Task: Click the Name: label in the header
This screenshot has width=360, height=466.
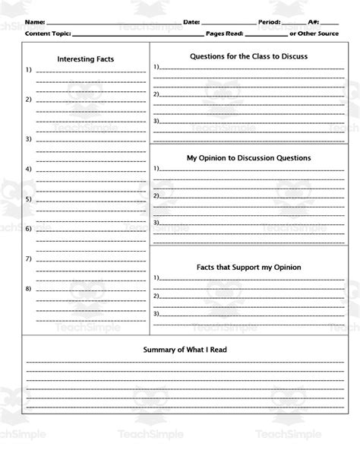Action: coord(35,23)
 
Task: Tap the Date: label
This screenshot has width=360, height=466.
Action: coord(191,23)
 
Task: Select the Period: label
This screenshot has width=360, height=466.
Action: coord(270,23)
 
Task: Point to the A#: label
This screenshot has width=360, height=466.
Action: coord(314,23)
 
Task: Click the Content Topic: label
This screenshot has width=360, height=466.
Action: coord(49,34)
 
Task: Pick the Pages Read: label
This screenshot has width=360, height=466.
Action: coord(229,34)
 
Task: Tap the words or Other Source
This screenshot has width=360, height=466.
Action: coord(314,34)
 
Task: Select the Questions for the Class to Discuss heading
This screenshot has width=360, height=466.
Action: coord(248,55)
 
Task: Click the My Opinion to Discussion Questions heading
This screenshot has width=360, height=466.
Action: coord(248,158)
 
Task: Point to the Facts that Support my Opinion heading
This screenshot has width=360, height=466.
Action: coord(248,267)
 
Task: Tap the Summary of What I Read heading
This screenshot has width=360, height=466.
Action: coord(185,350)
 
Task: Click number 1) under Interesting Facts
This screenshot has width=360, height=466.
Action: coord(28,71)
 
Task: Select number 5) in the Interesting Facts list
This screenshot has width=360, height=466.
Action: coord(28,199)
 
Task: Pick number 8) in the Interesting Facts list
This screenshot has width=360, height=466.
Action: coord(28,289)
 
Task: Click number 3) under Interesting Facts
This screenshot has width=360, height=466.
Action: coord(28,140)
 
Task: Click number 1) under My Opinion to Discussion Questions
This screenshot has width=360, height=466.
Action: coord(156,168)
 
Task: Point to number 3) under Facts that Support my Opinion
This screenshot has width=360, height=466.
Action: coord(156,312)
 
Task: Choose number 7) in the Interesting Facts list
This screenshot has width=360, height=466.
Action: coord(28,258)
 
